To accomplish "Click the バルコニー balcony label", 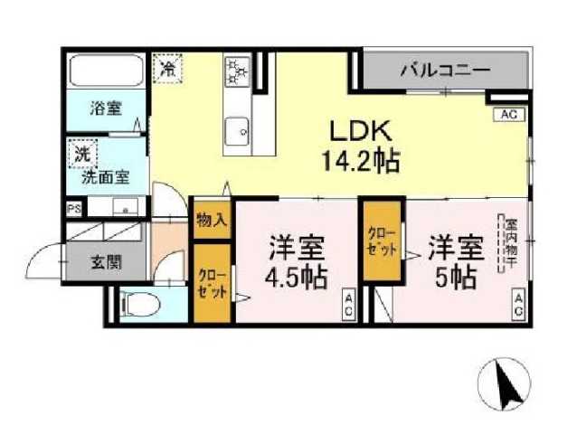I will point(445,70).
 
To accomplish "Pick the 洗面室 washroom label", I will point(105,177).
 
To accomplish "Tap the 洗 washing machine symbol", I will point(82,155).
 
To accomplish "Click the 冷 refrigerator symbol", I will point(168,66).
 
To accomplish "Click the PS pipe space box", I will point(73,207).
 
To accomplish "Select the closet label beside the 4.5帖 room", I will point(213,282).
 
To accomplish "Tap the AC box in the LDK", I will point(507,115).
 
